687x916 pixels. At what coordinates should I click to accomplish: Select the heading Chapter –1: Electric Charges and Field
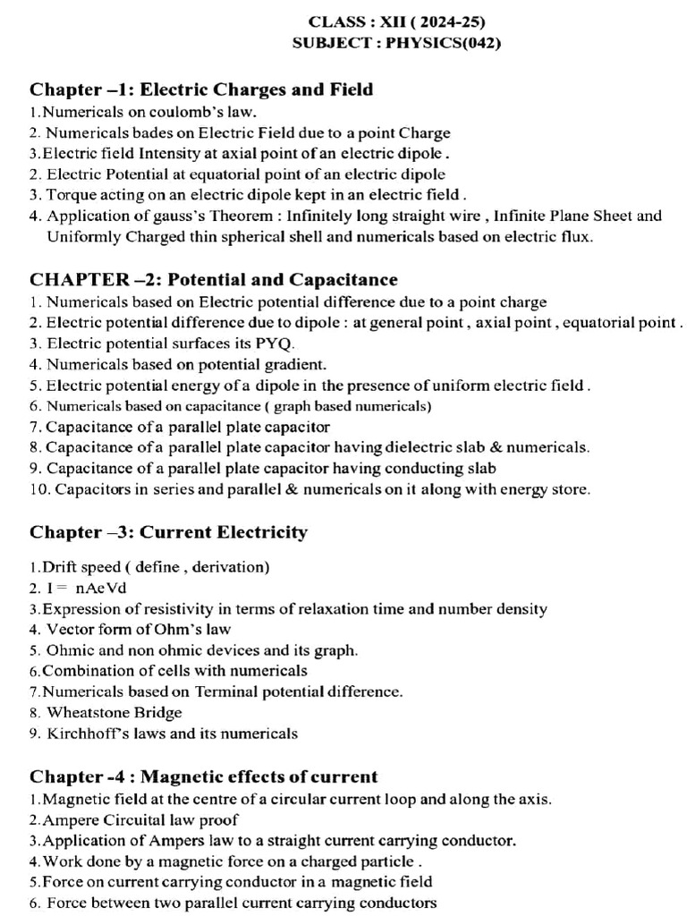pos(201,89)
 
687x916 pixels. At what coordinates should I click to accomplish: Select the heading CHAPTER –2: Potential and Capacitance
pos(214,280)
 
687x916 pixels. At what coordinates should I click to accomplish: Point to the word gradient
pos(294,364)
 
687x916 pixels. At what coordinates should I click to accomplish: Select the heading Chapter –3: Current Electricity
pos(168,532)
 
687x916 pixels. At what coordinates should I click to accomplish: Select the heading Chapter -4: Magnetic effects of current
pos(204,776)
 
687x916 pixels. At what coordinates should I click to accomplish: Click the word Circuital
pos(124,819)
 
